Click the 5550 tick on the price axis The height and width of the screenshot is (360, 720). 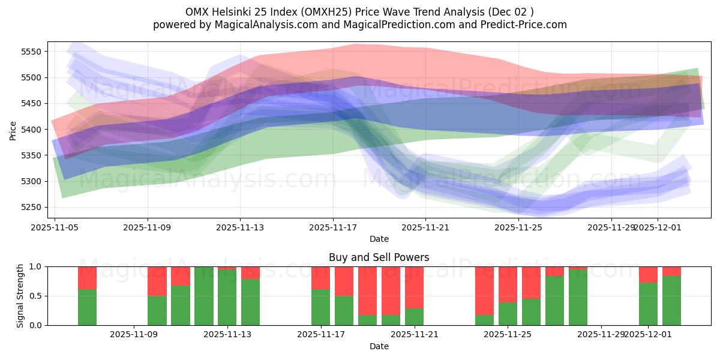(x=31, y=52)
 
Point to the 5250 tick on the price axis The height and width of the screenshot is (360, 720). (x=31, y=207)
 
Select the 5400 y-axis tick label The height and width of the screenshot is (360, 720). (x=31, y=130)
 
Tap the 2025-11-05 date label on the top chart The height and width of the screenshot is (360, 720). (x=55, y=227)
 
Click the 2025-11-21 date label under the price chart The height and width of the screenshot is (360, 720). (x=425, y=227)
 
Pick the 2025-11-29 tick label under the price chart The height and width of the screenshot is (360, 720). (x=611, y=227)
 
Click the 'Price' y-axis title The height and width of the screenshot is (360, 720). (x=13, y=130)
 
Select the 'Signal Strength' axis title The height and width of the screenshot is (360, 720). (x=20, y=296)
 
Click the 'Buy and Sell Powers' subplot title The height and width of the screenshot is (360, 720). (x=379, y=258)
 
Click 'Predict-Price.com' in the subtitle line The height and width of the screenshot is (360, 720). (x=522, y=25)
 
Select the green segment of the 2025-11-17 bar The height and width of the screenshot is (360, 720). (x=320, y=307)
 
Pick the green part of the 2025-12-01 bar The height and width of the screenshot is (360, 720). (x=648, y=304)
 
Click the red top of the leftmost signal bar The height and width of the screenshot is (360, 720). (x=87, y=277)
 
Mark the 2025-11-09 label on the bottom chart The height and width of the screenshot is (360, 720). (x=134, y=334)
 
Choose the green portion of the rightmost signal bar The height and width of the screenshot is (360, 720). (x=671, y=301)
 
